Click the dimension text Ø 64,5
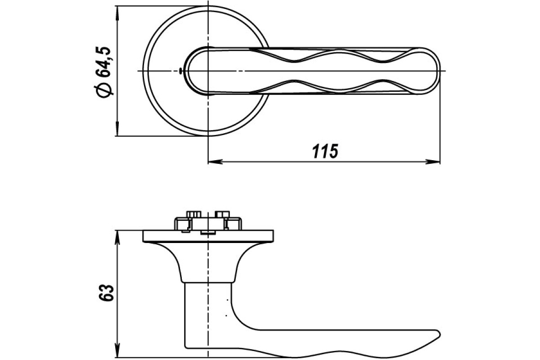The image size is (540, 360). click(x=104, y=72)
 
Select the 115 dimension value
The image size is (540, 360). click(x=325, y=152)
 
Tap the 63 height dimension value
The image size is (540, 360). click(x=107, y=293)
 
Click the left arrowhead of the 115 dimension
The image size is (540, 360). click(x=215, y=162)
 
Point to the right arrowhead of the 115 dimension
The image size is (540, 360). click(x=433, y=162)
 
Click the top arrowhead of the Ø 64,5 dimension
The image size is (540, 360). click(x=117, y=13)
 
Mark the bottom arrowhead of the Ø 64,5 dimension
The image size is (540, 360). click(x=117, y=129)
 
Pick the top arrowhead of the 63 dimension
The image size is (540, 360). click(x=117, y=237)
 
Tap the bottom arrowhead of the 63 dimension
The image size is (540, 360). click(x=117, y=351)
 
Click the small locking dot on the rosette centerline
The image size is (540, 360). click(x=180, y=71)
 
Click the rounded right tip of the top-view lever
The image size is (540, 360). click(x=439, y=71)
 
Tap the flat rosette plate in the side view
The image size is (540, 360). click(x=208, y=236)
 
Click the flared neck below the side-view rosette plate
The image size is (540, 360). click(x=208, y=262)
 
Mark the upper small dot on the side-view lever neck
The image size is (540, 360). click(x=227, y=300)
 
